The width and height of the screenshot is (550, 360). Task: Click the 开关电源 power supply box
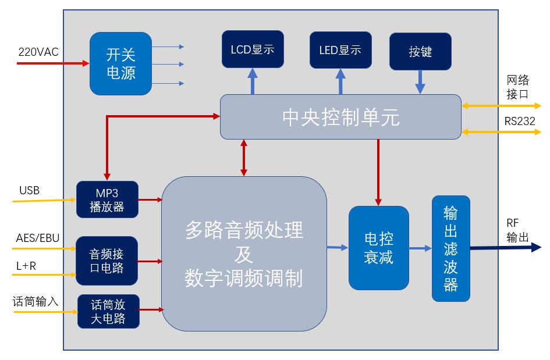tap(120, 63)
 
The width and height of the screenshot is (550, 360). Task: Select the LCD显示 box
tap(253, 49)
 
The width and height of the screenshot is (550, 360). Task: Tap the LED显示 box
tap(340, 50)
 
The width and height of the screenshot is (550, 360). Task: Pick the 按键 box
tap(420, 52)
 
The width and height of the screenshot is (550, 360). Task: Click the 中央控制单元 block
tap(340, 117)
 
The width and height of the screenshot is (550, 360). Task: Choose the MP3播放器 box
tap(107, 199)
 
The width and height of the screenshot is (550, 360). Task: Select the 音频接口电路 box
tap(107, 261)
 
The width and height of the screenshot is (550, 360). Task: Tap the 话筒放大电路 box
tap(108, 311)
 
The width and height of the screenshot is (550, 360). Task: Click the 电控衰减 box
tap(378, 248)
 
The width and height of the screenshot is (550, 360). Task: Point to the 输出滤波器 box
tap(450, 248)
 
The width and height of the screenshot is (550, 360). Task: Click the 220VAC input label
tap(38, 52)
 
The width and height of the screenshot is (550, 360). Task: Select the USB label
tap(29, 191)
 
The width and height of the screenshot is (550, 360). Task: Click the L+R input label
tap(26, 266)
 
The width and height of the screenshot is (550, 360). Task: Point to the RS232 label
tap(520, 122)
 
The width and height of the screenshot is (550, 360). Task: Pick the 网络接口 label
tap(517, 87)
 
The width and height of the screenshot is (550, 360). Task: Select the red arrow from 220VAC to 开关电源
tap(52, 62)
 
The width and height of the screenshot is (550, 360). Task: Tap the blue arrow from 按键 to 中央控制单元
tap(420, 82)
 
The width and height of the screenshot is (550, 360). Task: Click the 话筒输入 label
tap(36, 302)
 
